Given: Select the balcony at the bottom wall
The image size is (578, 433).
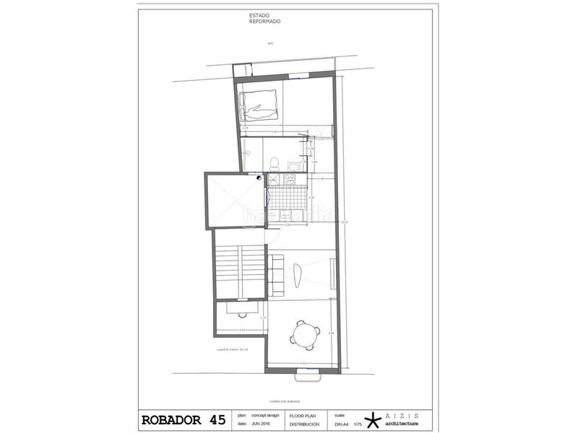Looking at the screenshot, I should coord(308,375).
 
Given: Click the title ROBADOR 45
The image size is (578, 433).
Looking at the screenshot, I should coord(183,419).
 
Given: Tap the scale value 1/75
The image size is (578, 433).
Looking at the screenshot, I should coord(358,424).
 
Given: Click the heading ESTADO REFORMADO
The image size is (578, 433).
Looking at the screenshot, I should coord(264,19).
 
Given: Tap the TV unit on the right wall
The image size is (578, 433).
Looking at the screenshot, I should coord(332,272).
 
